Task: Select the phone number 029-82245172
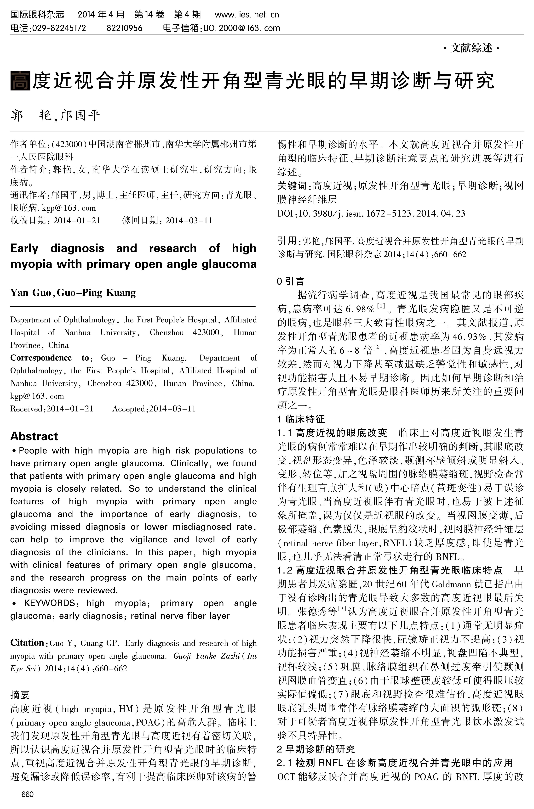(59, 28)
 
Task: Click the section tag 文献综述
(472, 48)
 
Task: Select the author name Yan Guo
(31, 293)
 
